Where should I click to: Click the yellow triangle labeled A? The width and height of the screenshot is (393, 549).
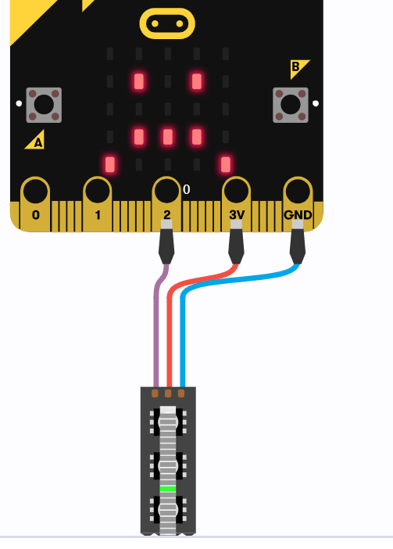36,141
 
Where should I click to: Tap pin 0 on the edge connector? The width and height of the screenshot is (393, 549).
35,204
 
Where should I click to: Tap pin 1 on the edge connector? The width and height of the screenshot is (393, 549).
98,204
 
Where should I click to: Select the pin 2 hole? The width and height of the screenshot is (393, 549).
166,191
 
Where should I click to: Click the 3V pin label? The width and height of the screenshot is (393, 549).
237,214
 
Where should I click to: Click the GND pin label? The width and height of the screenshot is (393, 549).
298,214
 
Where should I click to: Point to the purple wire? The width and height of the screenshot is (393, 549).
156,325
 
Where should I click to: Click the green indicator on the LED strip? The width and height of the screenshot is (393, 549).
168,489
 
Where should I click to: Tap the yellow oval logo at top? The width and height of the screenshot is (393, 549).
167,23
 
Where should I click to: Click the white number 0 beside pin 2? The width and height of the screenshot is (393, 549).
187,189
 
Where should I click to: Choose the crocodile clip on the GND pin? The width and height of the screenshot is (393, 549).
298,242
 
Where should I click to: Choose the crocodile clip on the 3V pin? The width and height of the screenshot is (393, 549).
237,242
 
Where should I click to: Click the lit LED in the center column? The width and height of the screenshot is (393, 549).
168,137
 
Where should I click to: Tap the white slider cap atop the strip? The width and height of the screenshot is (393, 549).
168,410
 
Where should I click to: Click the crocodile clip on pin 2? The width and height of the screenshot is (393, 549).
166,242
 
